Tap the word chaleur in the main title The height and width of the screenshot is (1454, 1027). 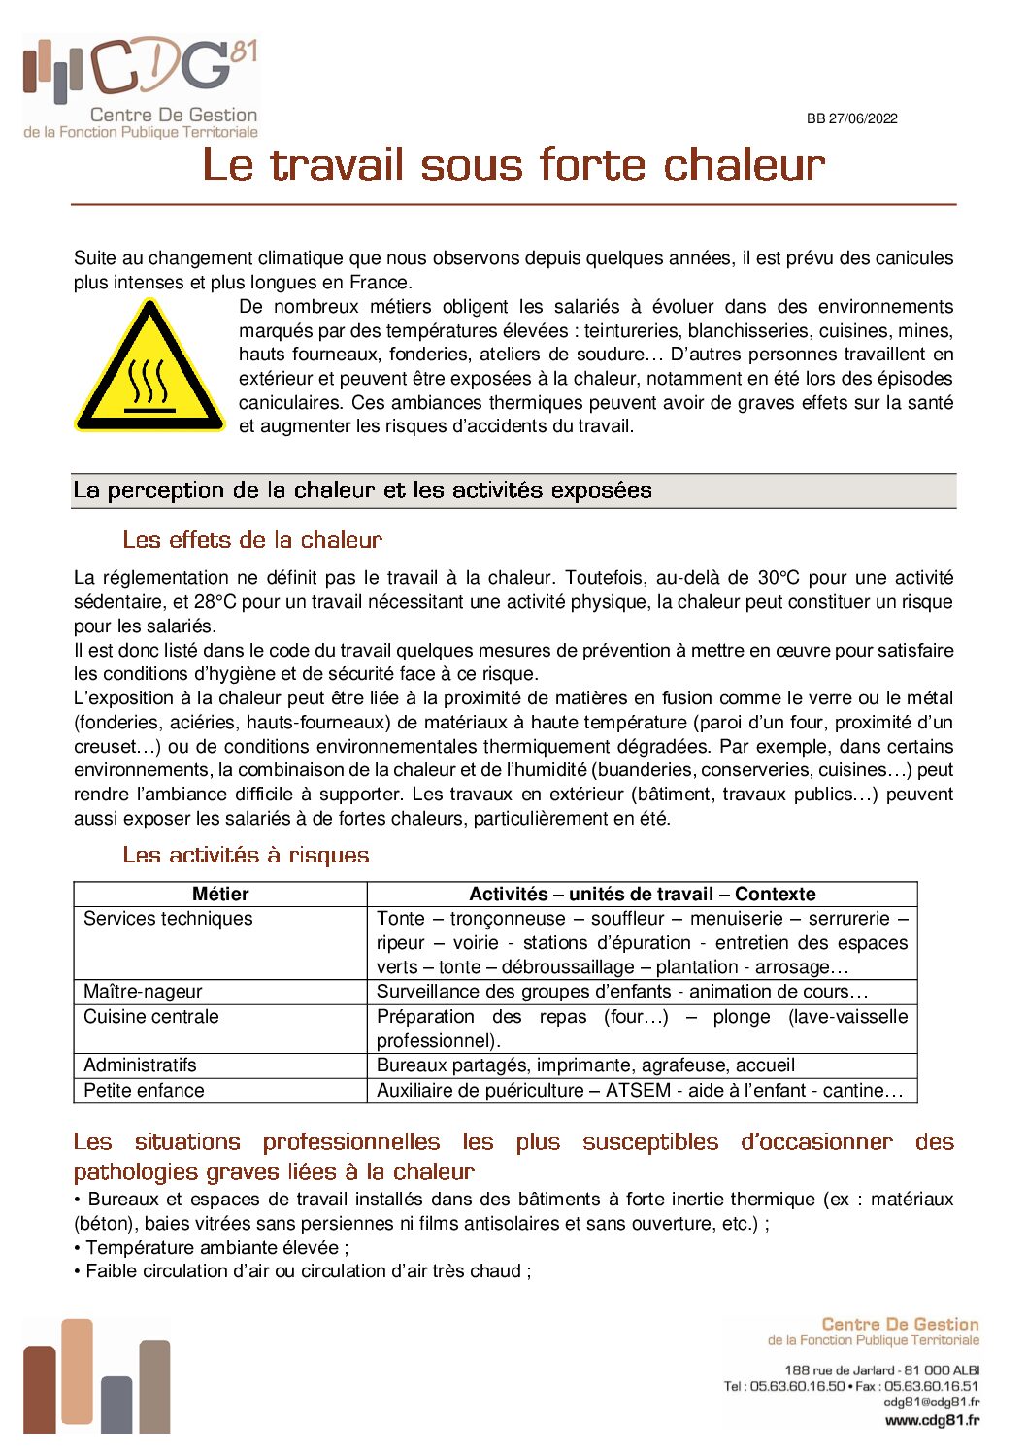[744, 165]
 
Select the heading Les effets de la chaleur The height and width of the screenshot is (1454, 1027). [252, 540]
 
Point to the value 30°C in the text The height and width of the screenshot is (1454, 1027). [779, 578]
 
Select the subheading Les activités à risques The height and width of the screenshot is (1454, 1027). [246, 856]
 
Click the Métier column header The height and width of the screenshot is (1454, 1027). [220, 895]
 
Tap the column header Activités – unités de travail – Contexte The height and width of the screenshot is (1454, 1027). [642, 895]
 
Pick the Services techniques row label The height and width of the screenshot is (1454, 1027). [168, 919]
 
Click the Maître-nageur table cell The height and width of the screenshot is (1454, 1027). [143, 992]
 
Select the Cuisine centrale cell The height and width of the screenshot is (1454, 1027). [151, 1017]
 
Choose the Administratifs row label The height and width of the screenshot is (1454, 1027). [140, 1065]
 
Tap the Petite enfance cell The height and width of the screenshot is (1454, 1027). [144, 1091]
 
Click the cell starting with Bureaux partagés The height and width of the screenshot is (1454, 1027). [585, 1065]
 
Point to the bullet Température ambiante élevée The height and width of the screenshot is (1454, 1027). [216, 1248]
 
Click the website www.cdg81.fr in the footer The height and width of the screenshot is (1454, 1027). [932, 1420]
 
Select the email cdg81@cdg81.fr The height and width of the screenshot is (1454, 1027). [931, 1403]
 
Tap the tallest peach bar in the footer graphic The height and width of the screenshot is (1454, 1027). [77, 1374]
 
